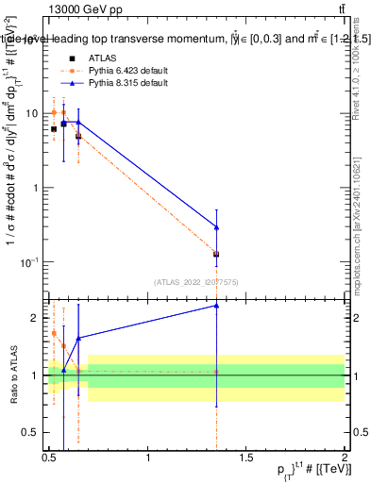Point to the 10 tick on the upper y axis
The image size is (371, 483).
click(34, 112)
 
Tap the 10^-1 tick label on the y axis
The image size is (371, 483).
click(31, 261)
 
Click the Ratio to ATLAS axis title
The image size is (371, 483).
click(11, 375)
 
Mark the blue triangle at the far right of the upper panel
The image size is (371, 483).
click(217, 227)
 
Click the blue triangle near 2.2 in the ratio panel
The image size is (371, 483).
click(217, 306)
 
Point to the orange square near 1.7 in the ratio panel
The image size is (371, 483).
click(54, 333)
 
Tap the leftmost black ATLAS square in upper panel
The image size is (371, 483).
click(54, 128)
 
